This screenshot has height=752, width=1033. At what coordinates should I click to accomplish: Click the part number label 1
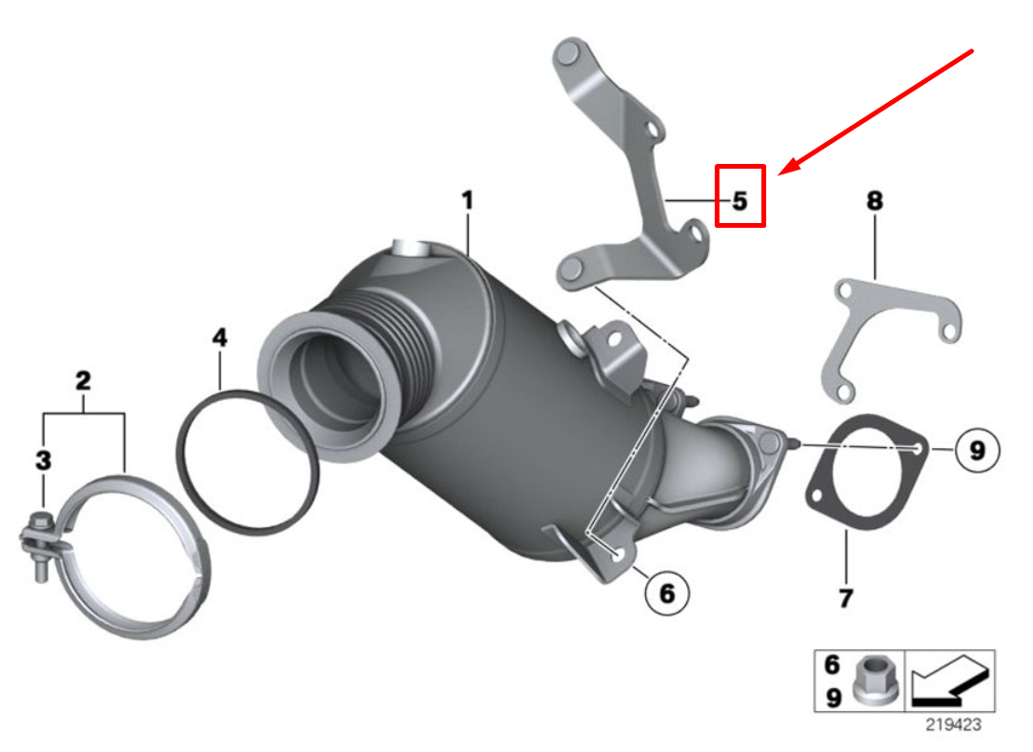pyautogui.click(x=467, y=202)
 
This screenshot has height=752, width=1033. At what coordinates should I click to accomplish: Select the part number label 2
pyautogui.click(x=83, y=382)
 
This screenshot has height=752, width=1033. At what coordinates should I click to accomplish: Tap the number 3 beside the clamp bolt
pyautogui.click(x=44, y=461)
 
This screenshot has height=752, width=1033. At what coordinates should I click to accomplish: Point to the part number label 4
pyautogui.click(x=220, y=337)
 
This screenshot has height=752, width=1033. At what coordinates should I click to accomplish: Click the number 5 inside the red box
pyautogui.click(x=740, y=201)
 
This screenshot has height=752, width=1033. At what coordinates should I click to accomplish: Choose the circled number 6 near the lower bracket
pyautogui.click(x=666, y=593)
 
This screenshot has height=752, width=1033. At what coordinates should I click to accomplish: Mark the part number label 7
pyautogui.click(x=845, y=599)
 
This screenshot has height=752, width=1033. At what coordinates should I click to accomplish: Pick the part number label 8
pyautogui.click(x=874, y=201)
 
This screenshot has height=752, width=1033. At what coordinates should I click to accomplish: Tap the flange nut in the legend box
pyautogui.click(x=874, y=681)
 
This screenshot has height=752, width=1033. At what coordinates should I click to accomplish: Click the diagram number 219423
pyautogui.click(x=953, y=724)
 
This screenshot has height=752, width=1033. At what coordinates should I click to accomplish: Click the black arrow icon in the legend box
pyautogui.click(x=948, y=681)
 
